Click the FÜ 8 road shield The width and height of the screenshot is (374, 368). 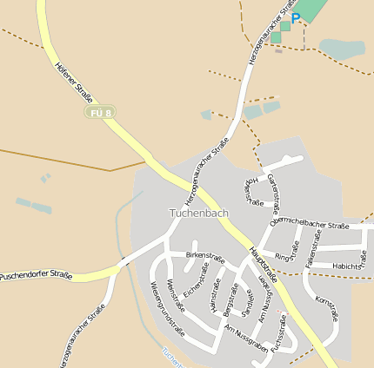click(101, 113)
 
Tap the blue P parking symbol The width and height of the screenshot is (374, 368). click(296, 17)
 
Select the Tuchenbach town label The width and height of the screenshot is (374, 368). click(198, 213)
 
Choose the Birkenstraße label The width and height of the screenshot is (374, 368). click(205, 257)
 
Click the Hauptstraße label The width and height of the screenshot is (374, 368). click(262, 265)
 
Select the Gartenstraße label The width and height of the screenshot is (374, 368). click(274, 193)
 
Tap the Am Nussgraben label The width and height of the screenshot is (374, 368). click(246, 339)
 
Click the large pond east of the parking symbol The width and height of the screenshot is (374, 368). click(342, 49)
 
